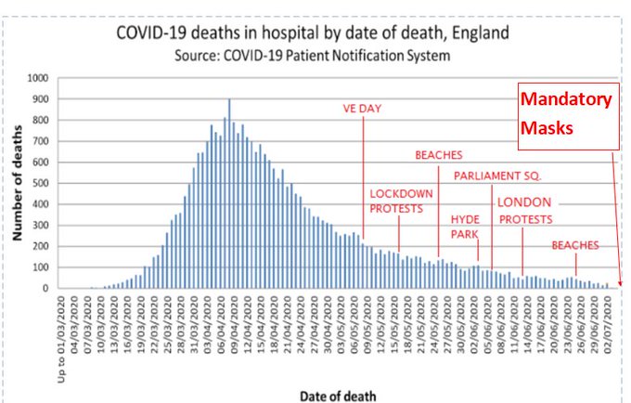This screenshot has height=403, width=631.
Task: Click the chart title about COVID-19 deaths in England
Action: tap(312, 34)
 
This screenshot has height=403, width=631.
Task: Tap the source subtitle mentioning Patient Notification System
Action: tap(312, 56)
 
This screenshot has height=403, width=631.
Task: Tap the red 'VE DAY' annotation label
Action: tap(364, 109)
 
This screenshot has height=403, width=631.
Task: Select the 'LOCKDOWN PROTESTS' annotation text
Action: tap(402, 201)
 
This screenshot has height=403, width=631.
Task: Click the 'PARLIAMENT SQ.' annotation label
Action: tap(496, 175)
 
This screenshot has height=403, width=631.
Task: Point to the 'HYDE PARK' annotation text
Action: tap(465, 227)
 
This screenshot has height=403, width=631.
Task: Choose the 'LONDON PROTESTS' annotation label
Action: tap(525, 211)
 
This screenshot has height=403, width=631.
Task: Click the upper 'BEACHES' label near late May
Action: tap(439, 155)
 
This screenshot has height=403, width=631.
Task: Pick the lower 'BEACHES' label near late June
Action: tap(575, 245)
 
